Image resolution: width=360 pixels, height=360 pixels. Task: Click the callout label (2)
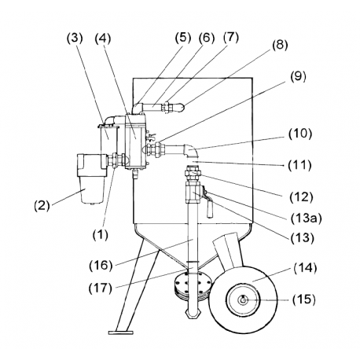click(42, 205)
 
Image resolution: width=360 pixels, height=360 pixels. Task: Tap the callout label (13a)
click(306, 219)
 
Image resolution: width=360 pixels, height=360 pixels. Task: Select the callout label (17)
click(101, 288)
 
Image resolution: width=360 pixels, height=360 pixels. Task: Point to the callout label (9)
click(298, 77)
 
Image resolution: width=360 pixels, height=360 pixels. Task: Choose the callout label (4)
click(103, 39)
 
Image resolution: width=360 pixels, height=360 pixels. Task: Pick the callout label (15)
click(304, 299)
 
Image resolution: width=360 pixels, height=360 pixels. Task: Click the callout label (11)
click(299, 165)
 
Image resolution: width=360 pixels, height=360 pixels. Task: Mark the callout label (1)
click(100, 234)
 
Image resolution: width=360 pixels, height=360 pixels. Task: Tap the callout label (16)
click(101, 266)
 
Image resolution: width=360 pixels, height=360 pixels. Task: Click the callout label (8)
click(280, 45)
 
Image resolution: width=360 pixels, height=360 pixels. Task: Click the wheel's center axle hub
click(243, 300)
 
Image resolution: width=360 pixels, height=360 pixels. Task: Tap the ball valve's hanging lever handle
click(210, 209)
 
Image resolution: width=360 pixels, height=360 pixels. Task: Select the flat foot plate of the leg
click(121, 332)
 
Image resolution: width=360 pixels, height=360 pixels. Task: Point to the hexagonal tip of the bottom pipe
click(193, 314)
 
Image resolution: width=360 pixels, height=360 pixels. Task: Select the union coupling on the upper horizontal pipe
click(167, 107)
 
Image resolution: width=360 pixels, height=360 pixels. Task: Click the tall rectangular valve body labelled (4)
click(135, 141)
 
